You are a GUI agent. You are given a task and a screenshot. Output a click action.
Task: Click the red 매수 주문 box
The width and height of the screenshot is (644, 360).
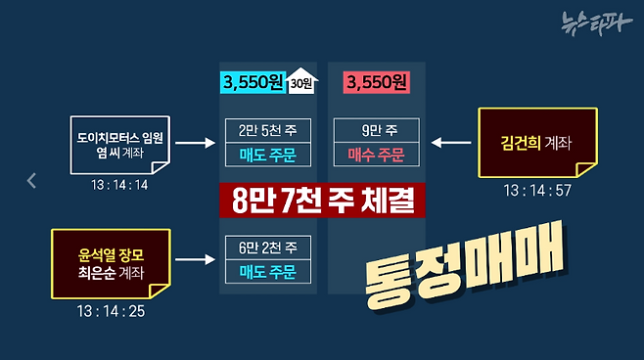coord(376,154)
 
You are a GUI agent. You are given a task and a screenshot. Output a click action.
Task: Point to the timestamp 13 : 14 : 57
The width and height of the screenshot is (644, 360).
coord(535,190)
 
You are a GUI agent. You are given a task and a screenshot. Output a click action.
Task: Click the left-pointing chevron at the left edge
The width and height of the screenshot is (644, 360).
coord(31,180)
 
